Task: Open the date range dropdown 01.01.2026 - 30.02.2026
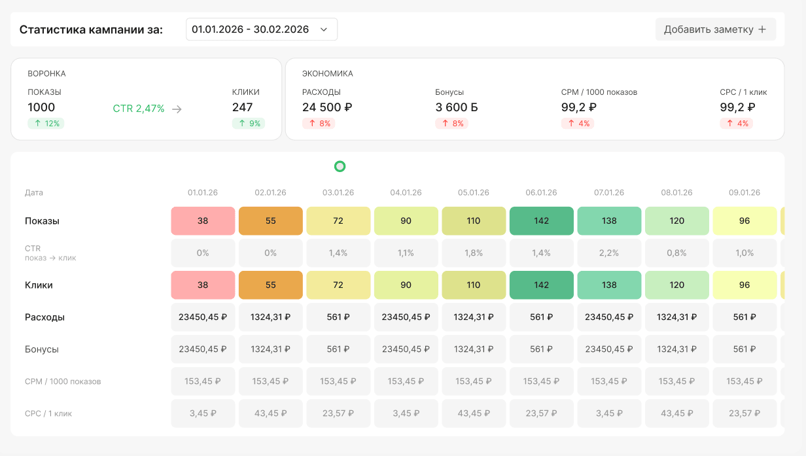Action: point(261,29)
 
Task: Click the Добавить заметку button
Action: point(715,29)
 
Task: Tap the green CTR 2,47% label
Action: point(139,109)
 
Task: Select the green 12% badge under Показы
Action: point(46,124)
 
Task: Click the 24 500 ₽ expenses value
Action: point(327,107)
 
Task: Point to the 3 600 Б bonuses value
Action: point(456,107)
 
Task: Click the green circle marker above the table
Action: point(340,166)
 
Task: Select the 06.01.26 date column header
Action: point(541,192)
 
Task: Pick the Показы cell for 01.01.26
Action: point(203,220)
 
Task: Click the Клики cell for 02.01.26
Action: point(271,285)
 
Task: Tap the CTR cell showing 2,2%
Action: point(609,253)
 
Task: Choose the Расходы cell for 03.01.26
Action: point(338,317)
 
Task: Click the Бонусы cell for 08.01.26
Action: point(677,349)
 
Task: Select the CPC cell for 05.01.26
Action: point(474,413)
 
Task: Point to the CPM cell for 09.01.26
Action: point(745,381)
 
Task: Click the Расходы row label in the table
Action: point(44,317)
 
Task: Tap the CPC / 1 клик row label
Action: point(48,413)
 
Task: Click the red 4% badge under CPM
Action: point(578,124)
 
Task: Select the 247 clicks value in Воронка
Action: point(242,107)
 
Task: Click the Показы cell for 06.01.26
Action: point(542,220)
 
